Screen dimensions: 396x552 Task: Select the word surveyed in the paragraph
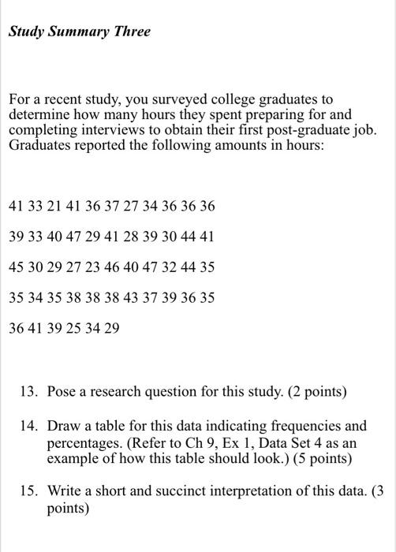160,101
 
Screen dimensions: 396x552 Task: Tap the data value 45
16,267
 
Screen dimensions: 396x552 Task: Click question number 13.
31,392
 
